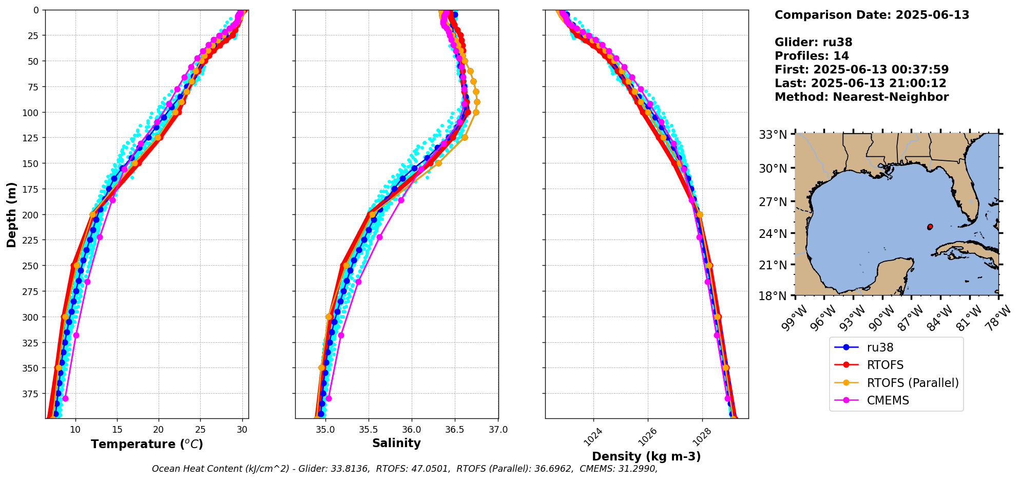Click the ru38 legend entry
(880, 347)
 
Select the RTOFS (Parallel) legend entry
(912, 383)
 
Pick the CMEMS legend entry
(888, 400)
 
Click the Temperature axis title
(147, 444)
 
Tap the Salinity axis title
(396, 443)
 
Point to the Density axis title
(646, 456)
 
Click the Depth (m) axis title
(11, 214)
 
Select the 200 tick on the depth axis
(32, 215)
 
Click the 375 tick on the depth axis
(32, 394)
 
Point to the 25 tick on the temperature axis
(201, 430)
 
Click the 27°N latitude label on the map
(773, 202)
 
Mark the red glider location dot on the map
(930, 227)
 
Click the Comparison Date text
(872, 15)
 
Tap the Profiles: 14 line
(812, 56)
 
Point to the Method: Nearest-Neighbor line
(861, 97)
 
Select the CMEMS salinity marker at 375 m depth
(329, 398)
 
